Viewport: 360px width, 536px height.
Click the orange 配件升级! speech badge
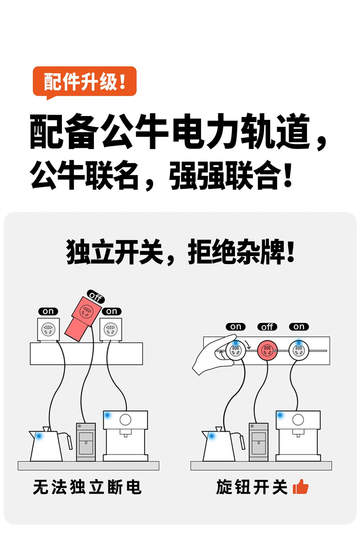pyautogui.click(x=85, y=82)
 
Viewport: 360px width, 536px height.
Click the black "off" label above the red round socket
pyautogui.click(x=267, y=327)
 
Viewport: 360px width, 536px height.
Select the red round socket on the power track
pyautogui.click(x=267, y=350)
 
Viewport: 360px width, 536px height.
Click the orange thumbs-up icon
pyautogui.click(x=301, y=487)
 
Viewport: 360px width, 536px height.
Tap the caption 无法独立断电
pyautogui.click(x=87, y=487)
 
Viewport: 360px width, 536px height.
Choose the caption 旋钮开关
pyautogui.click(x=252, y=487)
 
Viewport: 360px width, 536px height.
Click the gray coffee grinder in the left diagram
pyautogui.click(x=86, y=442)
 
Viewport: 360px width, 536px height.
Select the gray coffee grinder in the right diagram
pyautogui.click(x=258, y=442)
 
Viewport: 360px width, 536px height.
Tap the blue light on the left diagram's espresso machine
pyautogui.click(x=107, y=415)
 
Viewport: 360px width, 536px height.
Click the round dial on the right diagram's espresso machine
pyautogui.click(x=298, y=419)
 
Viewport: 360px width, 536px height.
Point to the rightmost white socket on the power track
pyautogui.click(x=298, y=350)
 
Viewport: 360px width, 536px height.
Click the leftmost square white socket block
pyautogui.click(x=48, y=329)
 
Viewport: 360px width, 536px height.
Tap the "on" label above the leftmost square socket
pyautogui.click(x=48, y=311)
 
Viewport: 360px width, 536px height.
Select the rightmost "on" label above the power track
pyautogui.click(x=299, y=327)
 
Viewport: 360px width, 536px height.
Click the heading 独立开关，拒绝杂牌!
pyautogui.click(x=180, y=252)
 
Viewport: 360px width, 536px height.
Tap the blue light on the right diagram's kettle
pyautogui.click(x=212, y=436)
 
